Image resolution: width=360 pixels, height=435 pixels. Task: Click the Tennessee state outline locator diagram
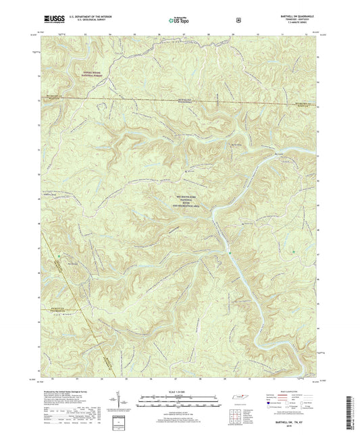point(238,402)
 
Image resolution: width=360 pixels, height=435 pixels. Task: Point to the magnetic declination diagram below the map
point(128,404)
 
